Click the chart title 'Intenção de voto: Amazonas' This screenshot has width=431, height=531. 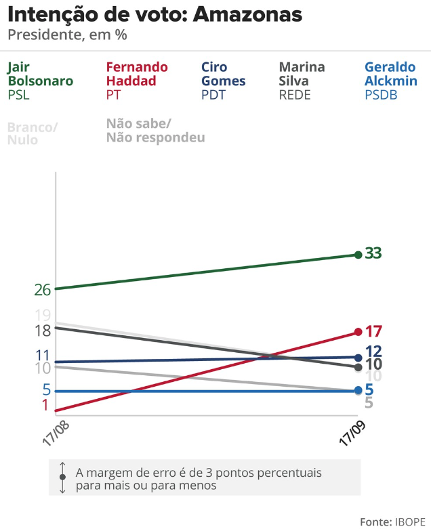point(155,15)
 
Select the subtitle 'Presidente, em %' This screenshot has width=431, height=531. point(67,35)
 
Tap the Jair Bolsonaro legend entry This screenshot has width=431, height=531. point(40,81)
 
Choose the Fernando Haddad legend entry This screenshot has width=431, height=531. point(136,81)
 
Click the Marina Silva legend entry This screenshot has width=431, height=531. point(302,81)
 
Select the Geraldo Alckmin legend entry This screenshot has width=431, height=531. point(390,81)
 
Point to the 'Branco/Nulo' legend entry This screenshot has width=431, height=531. point(32,133)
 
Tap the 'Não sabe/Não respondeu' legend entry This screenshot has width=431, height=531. point(155,131)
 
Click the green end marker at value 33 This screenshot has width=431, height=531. point(358,255)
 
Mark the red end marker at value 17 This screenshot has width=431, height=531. point(358,332)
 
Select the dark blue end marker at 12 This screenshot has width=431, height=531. point(358,357)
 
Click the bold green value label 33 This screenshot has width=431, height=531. point(373,253)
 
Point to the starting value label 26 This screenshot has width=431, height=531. point(43,290)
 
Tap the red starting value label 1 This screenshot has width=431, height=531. point(45,405)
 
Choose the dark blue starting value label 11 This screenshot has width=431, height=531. point(43,356)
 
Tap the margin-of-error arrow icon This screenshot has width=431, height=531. point(62,477)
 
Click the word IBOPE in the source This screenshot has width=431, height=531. point(408,522)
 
